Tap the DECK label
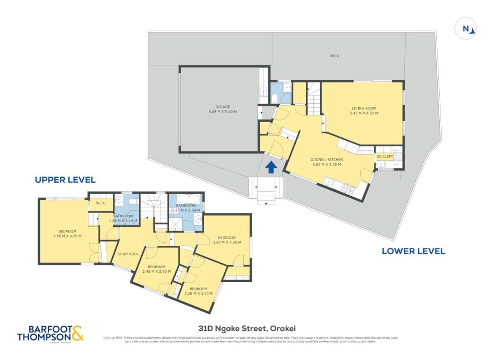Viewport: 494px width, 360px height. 334,56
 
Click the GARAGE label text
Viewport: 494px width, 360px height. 222,107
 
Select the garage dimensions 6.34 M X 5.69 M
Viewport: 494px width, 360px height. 222,111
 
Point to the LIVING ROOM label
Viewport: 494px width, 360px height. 364,108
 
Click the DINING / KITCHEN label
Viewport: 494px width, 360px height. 326,159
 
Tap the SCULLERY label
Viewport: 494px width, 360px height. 385,156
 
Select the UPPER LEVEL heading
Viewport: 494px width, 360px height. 65,180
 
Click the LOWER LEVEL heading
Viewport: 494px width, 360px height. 413,251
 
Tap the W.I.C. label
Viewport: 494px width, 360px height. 101,203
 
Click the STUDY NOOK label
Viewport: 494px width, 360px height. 128,254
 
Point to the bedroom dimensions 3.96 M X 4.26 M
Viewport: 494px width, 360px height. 67,236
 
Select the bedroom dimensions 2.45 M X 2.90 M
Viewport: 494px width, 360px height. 156,272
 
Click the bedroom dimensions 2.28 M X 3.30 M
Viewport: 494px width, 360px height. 198,294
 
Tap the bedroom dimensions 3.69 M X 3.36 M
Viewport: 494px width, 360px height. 226,242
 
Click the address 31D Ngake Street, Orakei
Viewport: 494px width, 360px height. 247,328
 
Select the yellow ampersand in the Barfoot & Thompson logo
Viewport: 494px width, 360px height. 77,333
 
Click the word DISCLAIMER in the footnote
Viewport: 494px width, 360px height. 113,338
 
